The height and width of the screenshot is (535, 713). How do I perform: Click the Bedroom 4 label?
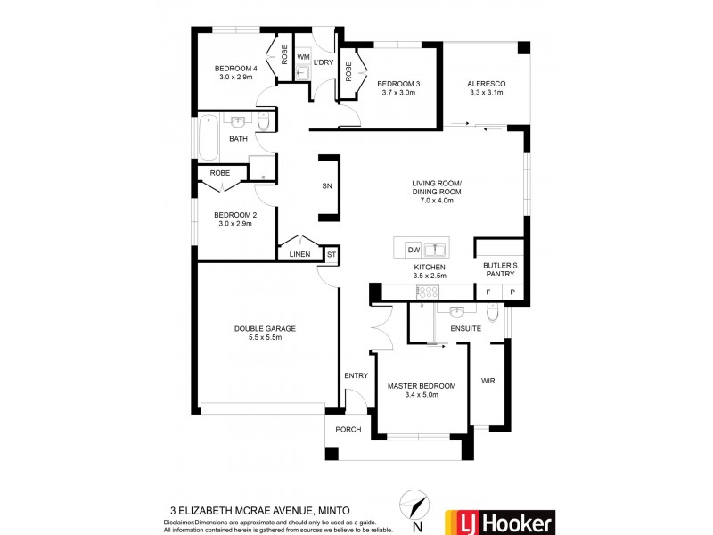235,69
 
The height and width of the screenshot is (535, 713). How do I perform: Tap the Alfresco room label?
486,84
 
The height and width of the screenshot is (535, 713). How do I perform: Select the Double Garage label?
265,328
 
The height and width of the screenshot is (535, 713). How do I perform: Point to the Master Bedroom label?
421,385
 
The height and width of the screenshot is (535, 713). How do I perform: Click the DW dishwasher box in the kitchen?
413,249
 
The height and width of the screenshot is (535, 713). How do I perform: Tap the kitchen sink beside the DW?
436,249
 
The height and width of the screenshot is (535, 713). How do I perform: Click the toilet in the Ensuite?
493,312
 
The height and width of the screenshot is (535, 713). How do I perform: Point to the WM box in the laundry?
302,57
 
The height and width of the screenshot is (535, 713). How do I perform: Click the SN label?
327,186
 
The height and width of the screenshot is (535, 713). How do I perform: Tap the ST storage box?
331,254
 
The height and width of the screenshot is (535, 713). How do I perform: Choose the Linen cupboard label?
299,255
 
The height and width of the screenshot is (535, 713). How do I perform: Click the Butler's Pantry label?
500,270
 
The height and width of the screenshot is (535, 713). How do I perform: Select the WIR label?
488,381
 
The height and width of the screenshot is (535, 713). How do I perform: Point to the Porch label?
348,429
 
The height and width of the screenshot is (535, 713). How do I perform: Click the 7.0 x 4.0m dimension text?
433,201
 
